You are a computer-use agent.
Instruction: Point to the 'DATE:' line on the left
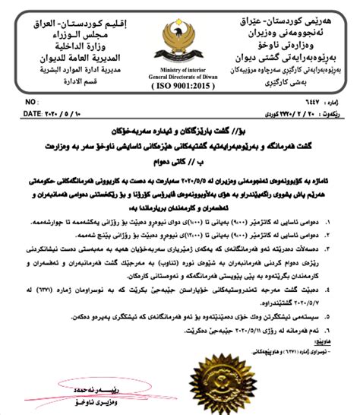(52, 112)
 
